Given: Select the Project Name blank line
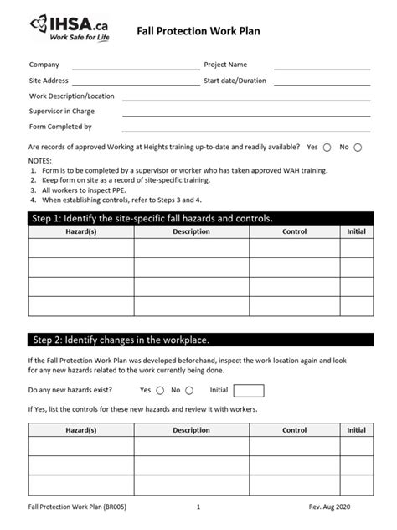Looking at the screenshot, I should pos(322,69).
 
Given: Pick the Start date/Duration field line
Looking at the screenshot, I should pos(322,85).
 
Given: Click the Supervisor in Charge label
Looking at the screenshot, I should pos(62,112).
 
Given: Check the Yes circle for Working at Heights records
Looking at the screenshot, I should pos(327,148).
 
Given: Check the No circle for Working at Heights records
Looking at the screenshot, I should pos(358,148).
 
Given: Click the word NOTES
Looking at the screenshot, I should pos(40,159).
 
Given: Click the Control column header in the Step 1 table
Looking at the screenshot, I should pos(294,231).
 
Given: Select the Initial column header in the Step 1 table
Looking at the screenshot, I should pos(356,231).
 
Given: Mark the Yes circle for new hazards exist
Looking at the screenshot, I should pos(159,390).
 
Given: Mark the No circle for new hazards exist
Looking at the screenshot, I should pos(189,390).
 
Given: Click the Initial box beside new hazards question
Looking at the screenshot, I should pos(248,390).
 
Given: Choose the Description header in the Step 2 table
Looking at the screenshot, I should pos(191,430).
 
